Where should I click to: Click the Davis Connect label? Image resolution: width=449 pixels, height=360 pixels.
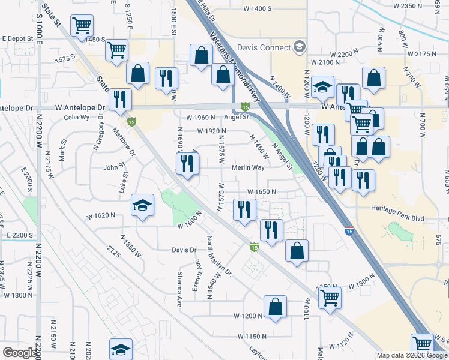(264, 47)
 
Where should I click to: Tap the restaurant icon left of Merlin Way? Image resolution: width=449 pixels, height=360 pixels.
(187, 164)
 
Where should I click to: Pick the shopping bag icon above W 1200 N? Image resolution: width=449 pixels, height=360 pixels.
(274, 307)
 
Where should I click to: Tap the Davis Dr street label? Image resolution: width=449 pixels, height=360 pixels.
(184, 250)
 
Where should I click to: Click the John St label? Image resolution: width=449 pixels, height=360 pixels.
(114, 167)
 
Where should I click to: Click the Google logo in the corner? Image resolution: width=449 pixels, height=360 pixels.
(20, 353)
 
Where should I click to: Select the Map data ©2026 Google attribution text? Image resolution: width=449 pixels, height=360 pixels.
(412, 355)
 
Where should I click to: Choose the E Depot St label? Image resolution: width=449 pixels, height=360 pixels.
(17, 38)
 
